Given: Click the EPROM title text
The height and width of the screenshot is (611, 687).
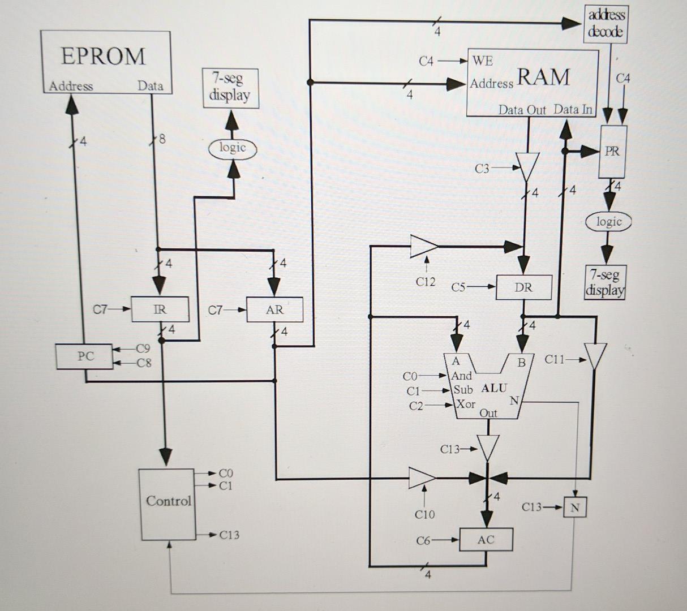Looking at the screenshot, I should pyautogui.click(x=103, y=56).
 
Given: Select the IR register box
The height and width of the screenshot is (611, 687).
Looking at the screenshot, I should pyautogui.click(x=160, y=309).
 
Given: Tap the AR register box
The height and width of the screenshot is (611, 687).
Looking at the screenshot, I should pyautogui.click(x=274, y=309).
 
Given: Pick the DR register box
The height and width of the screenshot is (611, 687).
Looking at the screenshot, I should pyautogui.click(x=523, y=287).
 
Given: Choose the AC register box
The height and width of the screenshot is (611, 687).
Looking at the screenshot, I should pyautogui.click(x=486, y=540).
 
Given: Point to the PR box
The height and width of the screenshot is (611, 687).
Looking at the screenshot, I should pyautogui.click(x=612, y=152).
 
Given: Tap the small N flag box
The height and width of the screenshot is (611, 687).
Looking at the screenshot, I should pyautogui.click(x=574, y=507).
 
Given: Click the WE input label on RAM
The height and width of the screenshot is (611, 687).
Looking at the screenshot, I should pyautogui.click(x=482, y=61).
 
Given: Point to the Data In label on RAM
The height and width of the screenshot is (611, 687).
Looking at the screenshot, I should pyautogui.click(x=573, y=109).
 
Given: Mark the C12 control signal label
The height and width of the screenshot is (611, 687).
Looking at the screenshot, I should pyautogui.click(x=425, y=281).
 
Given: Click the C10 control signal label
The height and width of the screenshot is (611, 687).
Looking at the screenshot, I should pyautogui.click(x=424, y=514).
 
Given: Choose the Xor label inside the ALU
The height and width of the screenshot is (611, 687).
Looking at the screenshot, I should pyautogui.click(x=466, y=404).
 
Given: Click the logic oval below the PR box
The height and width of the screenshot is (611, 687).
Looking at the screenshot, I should pyautogui.click(x=608, y=222).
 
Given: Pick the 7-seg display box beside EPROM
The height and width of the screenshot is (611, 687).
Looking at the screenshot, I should pyautogui.click(x=230, y=88).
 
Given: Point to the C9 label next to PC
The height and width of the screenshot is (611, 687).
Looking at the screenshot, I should pyautogui.click(x=143, y=348).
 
